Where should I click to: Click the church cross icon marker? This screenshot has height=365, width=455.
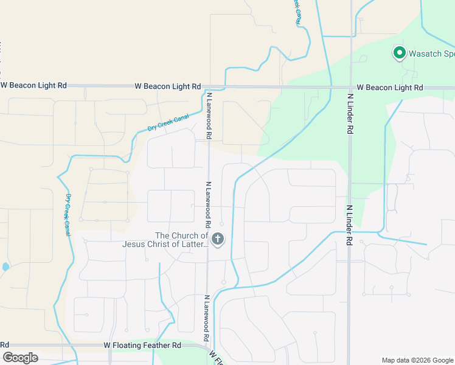pyautogui.click(x=218, y=240)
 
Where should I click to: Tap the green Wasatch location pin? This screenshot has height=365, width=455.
pyautogui.click(x=400, y=54)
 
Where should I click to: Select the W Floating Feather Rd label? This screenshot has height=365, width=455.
pyautogui.click(x=142, y=345)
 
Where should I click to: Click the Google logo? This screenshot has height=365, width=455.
pyautogui.click(x=20, y=358)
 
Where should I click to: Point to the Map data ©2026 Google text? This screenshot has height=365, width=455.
pyautogui.click(x=417, y=360)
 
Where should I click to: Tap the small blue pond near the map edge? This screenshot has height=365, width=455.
pyautogui.click(x=5, y=266)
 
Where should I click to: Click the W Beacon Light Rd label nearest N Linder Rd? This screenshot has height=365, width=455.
pyautogui.click(x=389, y=88)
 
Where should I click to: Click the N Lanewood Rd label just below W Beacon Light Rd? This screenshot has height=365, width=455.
pyautogui.click(x=209, y=116)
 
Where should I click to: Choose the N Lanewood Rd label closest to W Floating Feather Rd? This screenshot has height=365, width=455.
pyautogui.click(x=207, y=318)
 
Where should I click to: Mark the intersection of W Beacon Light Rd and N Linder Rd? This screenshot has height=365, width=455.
pyautogui.click(x=350, y=87)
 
